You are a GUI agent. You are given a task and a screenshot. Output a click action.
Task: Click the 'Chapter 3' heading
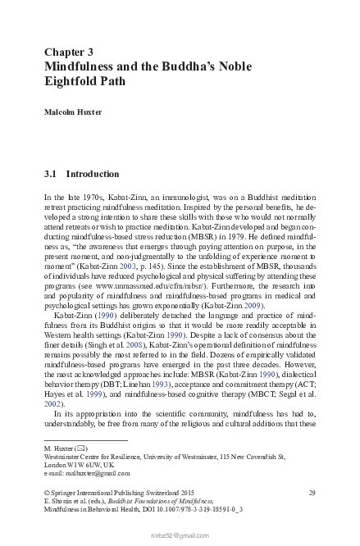(x=74, y=51)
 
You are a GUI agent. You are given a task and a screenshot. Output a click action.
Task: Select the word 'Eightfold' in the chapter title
(x=73, y=81)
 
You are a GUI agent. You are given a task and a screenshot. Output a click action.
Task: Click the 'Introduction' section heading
(x=92, y=175)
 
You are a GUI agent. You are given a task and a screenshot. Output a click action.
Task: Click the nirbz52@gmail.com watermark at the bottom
(x=180, y=535)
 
